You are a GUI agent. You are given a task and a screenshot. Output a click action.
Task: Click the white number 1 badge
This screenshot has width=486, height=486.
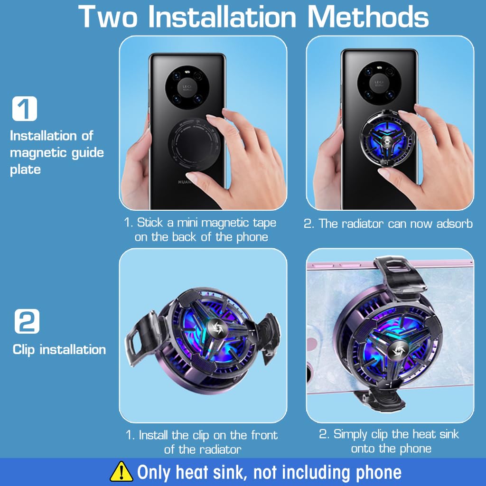24,108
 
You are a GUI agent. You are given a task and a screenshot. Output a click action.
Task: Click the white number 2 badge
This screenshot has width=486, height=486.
27,321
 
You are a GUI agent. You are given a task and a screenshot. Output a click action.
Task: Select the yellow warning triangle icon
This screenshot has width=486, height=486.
121,472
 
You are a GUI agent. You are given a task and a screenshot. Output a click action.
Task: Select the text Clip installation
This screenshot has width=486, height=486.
59,350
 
